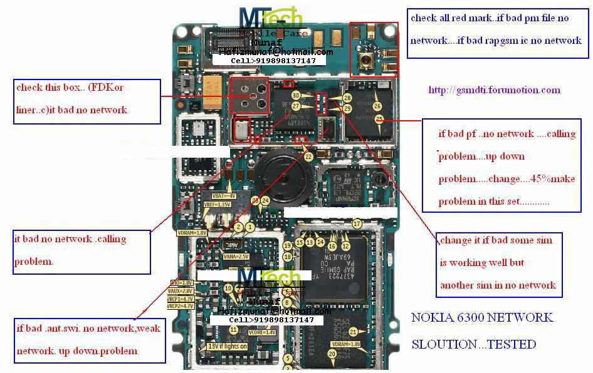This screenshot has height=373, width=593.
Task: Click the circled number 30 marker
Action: click(296, 96)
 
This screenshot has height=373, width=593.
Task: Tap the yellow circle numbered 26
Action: click(377, 107)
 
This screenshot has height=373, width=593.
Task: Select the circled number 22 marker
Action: click(308, 156)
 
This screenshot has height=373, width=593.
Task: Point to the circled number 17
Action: click(357, 223)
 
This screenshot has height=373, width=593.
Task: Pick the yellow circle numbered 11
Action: click(234, 330)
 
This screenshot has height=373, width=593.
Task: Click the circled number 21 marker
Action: click(354, 332)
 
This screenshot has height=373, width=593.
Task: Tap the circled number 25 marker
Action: click(379, 119)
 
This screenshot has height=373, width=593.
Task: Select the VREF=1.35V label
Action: click(217, 205)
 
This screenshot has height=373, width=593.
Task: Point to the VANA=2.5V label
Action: click(236, 256)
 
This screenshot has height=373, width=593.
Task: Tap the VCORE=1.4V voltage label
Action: click(261, 332)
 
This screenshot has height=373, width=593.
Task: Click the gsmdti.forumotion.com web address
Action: click(494, 89)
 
